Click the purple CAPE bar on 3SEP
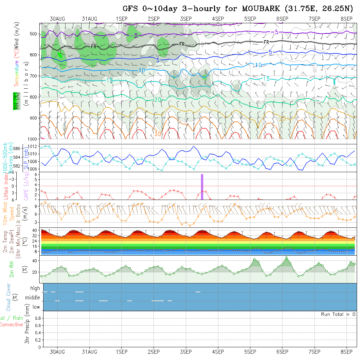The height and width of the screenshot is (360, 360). tap(202, 187)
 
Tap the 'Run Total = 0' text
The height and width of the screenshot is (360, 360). tap(338, 314)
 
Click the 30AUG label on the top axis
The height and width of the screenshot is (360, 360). tap(58, 19)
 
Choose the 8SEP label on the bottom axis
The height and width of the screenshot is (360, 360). tap(347, 352)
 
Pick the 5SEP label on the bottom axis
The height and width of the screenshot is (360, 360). tap(250, 352)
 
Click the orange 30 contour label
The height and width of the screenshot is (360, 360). tap(158, 134)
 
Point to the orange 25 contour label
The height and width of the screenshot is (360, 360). tap(282, 119)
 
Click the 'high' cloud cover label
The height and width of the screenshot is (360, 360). tap(35, 288)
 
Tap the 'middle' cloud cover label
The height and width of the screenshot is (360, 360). tap(33, 298)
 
